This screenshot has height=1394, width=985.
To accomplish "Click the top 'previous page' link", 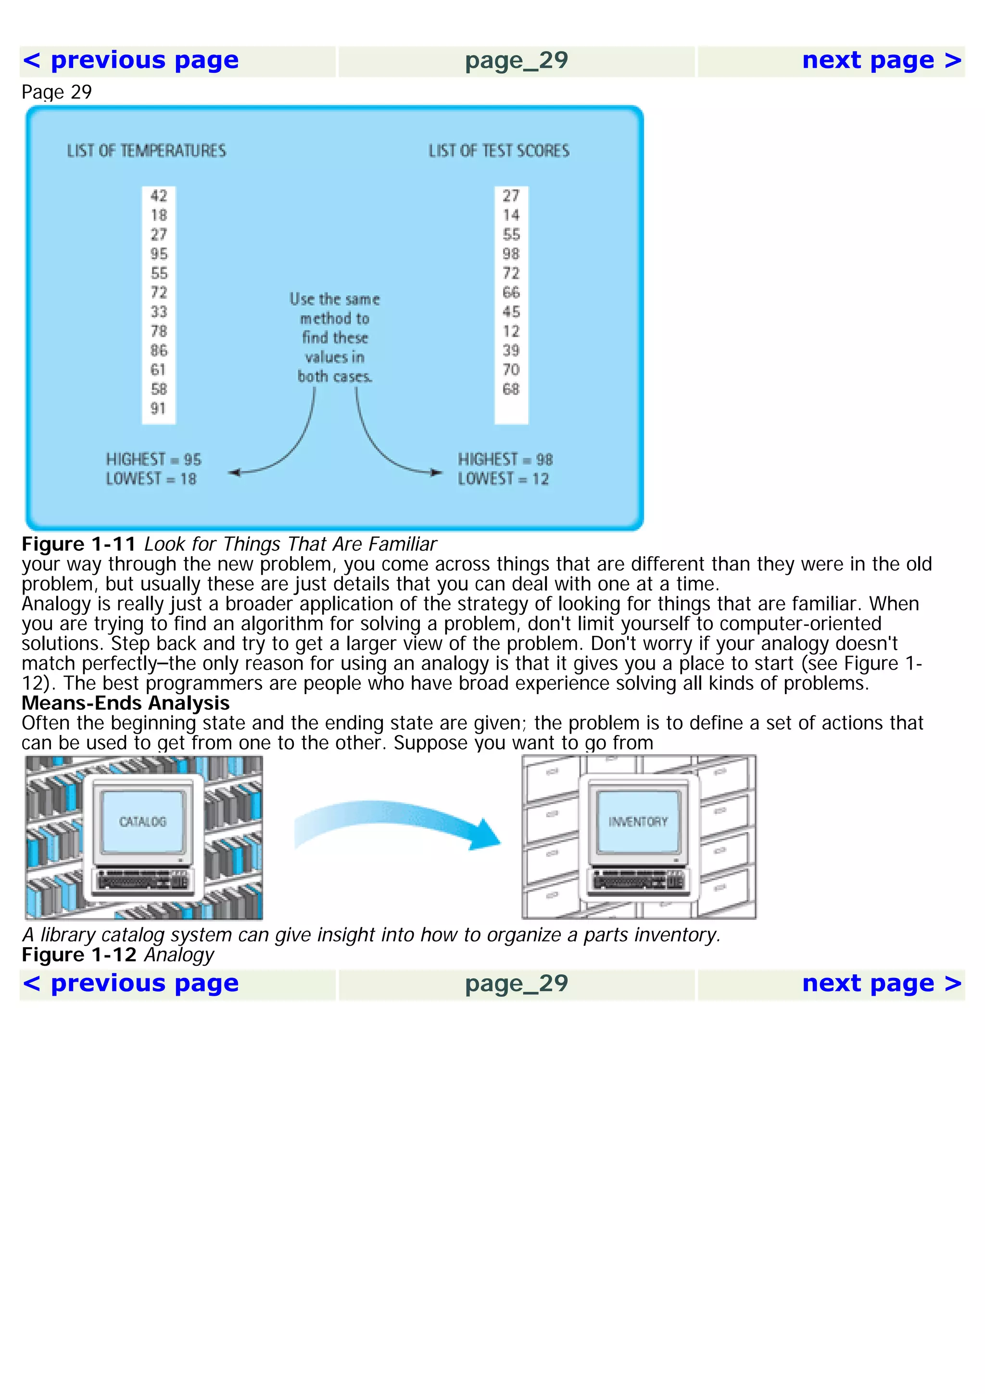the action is click(130, 61).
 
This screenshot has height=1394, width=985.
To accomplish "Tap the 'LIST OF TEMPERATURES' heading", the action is click(146, 151).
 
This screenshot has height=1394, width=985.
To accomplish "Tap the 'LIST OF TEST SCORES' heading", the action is click(499, 151).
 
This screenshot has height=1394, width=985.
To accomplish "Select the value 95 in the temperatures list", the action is click(159, 254).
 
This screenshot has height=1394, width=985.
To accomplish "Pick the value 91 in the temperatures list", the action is click(158, 408).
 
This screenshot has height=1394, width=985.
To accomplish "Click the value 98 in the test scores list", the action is click(511, 254).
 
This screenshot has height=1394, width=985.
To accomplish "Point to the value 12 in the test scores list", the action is click(511, 331).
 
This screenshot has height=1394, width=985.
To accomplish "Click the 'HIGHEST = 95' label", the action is click(153, 459).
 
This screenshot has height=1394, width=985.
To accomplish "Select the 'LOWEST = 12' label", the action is click(503, 479).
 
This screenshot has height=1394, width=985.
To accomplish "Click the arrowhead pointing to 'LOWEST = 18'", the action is click(234, 472).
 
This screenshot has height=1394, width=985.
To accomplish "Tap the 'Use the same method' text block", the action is click(334, 338).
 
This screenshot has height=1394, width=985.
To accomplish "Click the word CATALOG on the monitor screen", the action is click(143, 822).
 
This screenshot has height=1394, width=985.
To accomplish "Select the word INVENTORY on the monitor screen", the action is click(638, 822).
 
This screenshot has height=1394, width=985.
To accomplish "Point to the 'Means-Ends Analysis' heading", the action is click(126, 703).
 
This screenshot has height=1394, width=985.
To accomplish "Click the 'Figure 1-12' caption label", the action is click(79, 955).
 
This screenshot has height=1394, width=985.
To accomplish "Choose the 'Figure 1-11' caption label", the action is click(79, 544).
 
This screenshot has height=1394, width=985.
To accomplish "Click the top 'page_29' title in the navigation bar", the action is click(517, 61).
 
